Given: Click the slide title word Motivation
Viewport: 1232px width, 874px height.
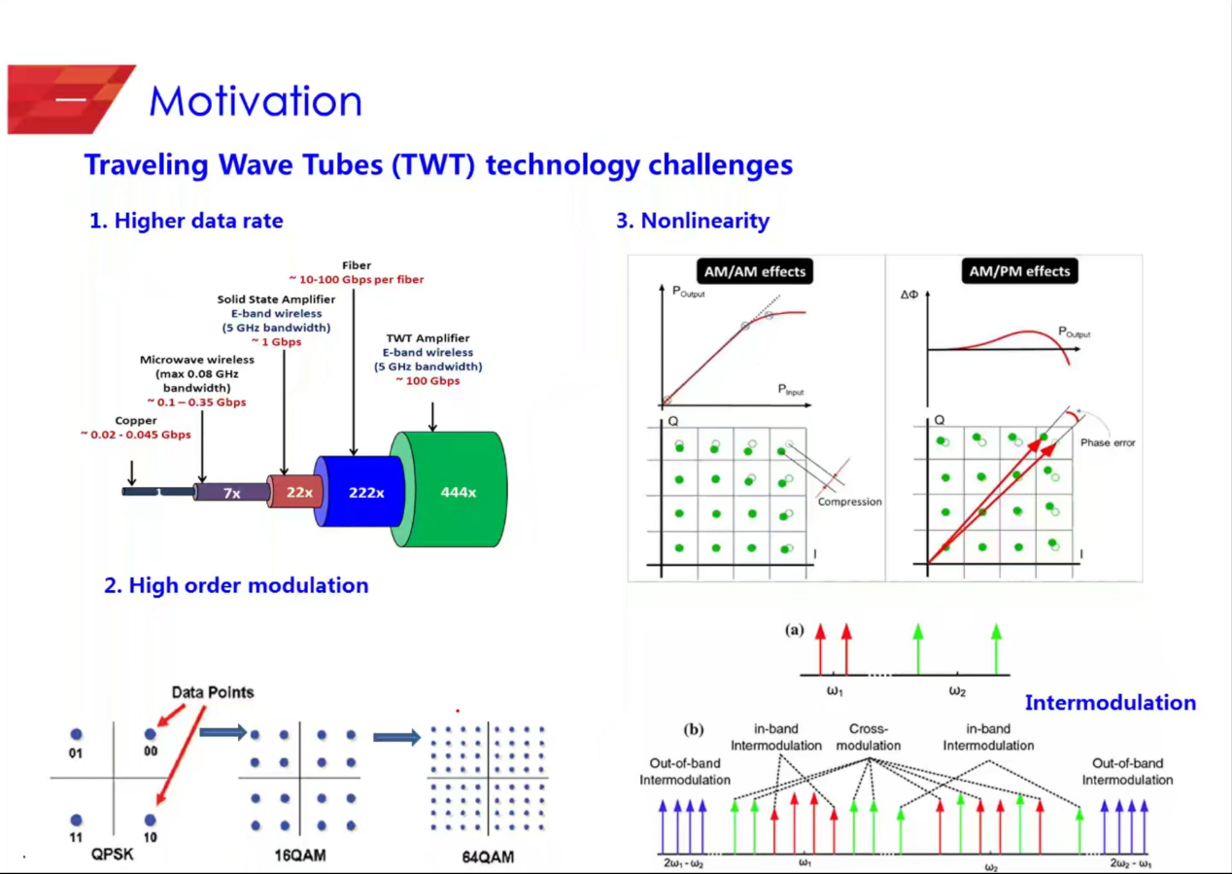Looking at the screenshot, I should tap(256, 102).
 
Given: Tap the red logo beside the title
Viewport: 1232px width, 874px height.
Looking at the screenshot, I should tap(70, 99).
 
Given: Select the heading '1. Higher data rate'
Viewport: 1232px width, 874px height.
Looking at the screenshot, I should tap(187, 221).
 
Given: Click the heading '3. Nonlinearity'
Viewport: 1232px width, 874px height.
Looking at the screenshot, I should tap(693, 221).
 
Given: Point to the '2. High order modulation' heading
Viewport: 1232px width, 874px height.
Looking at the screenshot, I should tap(236, 585).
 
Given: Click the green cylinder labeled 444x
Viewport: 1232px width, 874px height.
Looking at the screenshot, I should tap(459, 492).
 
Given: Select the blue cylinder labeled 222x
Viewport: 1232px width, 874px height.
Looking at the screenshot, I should tap(365, 493).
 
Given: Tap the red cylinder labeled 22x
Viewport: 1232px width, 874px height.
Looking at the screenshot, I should tap(298, 492).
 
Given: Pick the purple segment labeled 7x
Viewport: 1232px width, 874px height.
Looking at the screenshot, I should tap(231, 493).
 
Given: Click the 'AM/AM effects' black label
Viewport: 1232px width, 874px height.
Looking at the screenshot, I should tap(753, 271).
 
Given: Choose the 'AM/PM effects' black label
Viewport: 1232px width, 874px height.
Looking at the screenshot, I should tap(1019, 271).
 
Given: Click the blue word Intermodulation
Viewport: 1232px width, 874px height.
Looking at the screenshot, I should tap(1111, 702).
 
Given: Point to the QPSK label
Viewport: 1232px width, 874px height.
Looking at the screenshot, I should tap(113, 854).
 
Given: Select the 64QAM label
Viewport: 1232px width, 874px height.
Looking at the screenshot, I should tap(488, 857).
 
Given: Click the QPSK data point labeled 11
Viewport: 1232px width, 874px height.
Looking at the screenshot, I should tap(77, 821).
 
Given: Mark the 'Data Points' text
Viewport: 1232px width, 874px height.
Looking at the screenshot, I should tap(213, 692).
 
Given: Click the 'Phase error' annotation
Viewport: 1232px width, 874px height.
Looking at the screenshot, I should tap(1108, 442).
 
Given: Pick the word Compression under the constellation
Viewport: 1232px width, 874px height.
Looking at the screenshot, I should tap(849, 502).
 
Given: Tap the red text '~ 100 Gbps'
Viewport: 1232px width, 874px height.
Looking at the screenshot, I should tap(428, 380).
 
